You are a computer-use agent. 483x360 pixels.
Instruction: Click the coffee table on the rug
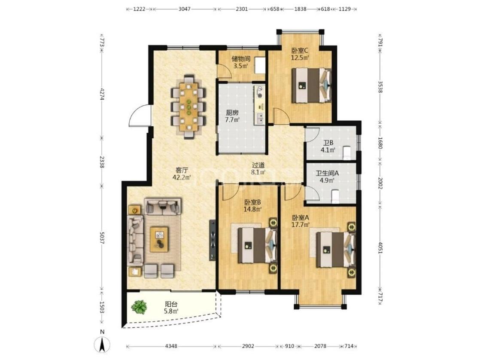click(159, 239)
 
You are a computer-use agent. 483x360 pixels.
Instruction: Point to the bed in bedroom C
click(311, 85)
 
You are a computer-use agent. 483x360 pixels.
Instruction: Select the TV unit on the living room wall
click(213, 240)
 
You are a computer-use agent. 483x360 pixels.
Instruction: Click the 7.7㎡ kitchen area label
click(232, 120)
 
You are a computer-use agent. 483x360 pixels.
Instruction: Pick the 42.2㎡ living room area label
click(182, 177)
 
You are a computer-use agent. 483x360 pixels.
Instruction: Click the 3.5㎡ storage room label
click(241, 66)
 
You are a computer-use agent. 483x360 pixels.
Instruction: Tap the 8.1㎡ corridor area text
click(258, 172)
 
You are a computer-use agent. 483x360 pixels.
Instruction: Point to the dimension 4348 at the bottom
click(171, 346)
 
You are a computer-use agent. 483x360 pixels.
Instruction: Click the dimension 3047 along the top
click(185, 9)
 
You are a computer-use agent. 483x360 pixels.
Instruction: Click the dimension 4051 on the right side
click(380, 247)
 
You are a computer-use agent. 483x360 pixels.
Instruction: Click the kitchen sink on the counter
click(260, 117)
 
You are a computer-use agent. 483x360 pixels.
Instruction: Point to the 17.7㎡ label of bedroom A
click(301, 225)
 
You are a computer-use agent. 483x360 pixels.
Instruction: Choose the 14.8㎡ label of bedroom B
click(253, 210)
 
